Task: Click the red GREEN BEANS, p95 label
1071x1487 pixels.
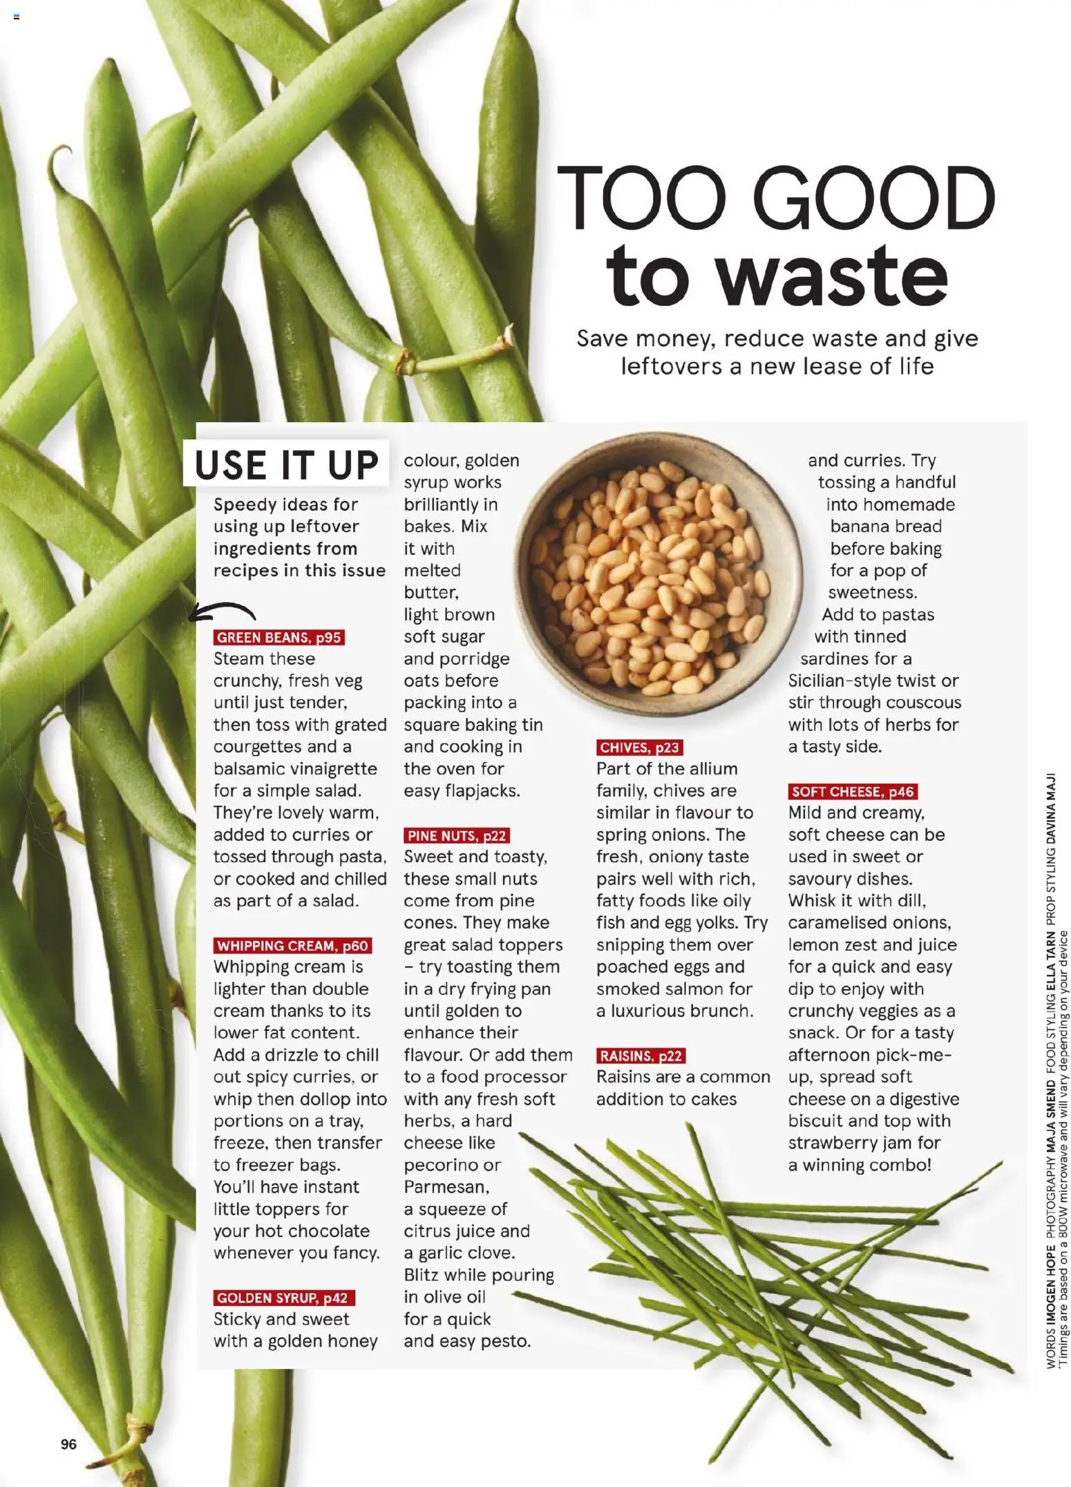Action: point(278,637)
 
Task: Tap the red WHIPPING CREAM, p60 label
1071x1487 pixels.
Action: point(292,945)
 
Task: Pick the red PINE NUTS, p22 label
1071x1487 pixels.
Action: point(457,835)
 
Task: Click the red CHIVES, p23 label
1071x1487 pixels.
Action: point(639,748)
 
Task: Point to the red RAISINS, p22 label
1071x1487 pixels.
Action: point(641,1056)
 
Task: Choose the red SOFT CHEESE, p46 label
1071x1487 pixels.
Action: point(853,792)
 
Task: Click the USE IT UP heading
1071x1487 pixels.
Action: point(286,464)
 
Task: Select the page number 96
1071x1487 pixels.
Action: point(68,1443)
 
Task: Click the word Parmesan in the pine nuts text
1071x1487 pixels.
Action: point(446,1187)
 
